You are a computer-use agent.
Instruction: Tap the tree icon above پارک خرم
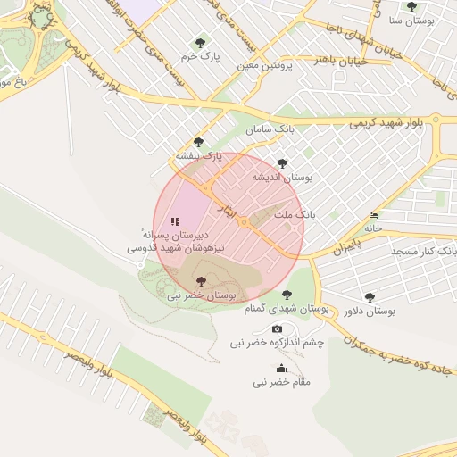[199, 42]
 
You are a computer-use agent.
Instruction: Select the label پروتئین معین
[267, 66]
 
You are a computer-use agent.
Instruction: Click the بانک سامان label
[270, 129]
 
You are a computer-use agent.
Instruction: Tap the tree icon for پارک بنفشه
[198, 142]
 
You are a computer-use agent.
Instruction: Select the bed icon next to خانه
[372, 216]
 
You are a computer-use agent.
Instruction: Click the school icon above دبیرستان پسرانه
[175, 220]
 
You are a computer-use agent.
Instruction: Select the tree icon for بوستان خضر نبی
[199, 280]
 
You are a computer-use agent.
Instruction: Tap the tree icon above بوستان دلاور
[370, 297]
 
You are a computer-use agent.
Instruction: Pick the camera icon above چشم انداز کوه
[277, 329]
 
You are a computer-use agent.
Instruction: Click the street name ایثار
[229, 208]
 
